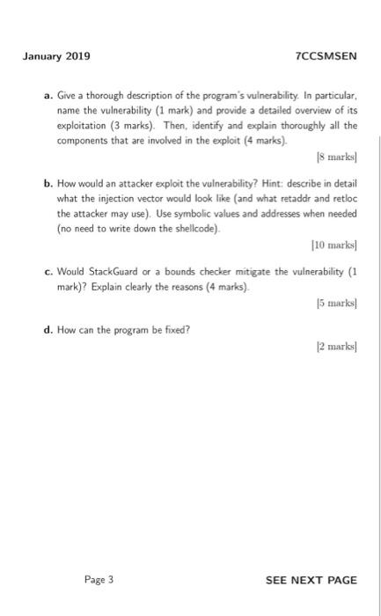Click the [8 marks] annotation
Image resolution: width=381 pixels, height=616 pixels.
click(x=339, y=159)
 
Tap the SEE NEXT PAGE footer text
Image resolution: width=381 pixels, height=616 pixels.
click(x=311, y=579)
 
